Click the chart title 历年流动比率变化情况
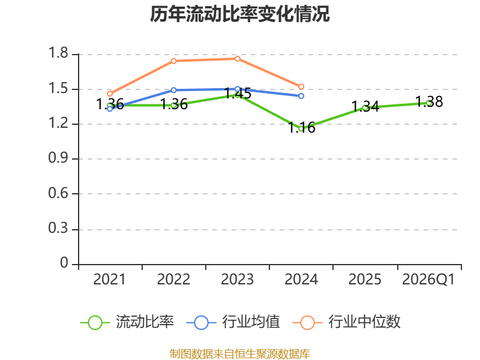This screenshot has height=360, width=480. coord(239,14)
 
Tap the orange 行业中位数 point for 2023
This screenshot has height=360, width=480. coord(238,59)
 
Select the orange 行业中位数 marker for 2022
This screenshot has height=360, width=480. coord(173,61)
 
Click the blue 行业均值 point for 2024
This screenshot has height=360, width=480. coord(301,96)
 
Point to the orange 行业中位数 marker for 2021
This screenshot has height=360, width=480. coord(110,94)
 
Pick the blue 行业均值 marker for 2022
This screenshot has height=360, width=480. coord(173,91)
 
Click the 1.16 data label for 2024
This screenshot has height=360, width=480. coord(302,127)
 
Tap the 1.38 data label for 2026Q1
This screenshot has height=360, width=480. coord(429,101)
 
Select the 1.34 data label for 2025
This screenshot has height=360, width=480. coord(365,107)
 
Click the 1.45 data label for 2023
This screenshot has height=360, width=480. coord(238,93)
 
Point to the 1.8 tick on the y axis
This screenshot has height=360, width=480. coord(58,53)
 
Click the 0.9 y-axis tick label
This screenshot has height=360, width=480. coord(58,158)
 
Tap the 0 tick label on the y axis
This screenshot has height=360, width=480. coord(64,263)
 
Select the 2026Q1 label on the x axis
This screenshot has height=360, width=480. coord(428,280)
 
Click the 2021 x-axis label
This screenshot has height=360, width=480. coord(109,280)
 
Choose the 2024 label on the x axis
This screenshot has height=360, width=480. coord(301,280)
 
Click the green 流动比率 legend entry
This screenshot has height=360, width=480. coord(127,322)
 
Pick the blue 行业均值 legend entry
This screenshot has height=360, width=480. coord(233,322)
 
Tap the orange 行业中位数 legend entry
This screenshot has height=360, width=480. coord(347,322)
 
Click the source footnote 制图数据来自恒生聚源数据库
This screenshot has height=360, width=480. coord(240,354)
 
